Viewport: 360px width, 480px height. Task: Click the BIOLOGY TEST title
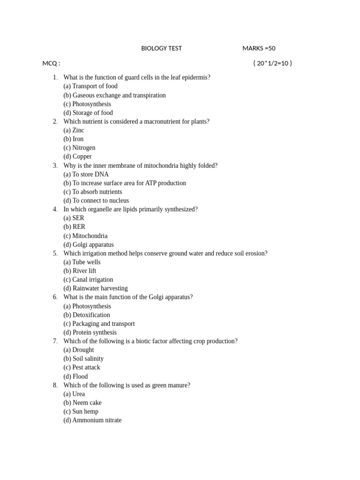(161, 48)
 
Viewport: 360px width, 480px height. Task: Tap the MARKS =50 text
(262, 48)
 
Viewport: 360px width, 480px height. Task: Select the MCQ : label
(51, 63)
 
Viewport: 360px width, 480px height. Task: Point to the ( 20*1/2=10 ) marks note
(272, 63)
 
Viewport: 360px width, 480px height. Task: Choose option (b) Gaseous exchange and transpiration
(114, 95)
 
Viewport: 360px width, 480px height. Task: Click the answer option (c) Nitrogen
(79, 148)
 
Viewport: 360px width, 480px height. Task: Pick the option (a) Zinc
(74, 130)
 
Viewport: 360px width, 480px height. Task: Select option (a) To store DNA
(86, 174)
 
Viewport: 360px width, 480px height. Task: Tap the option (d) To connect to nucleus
(96, 201)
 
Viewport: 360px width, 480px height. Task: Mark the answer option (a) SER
(74, 218)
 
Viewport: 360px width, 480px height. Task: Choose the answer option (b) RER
(74, 227)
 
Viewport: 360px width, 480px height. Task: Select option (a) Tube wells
(82, 262)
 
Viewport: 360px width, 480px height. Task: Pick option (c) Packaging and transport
(99, 323)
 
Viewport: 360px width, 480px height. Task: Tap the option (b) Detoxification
(86, 315)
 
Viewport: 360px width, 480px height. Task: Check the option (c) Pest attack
(82, 367)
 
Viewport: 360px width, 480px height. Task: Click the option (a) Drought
(78, 350)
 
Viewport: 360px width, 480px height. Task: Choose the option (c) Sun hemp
(81, 412)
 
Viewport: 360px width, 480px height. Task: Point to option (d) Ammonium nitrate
(92, 420)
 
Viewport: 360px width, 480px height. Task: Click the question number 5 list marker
(55, 254)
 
